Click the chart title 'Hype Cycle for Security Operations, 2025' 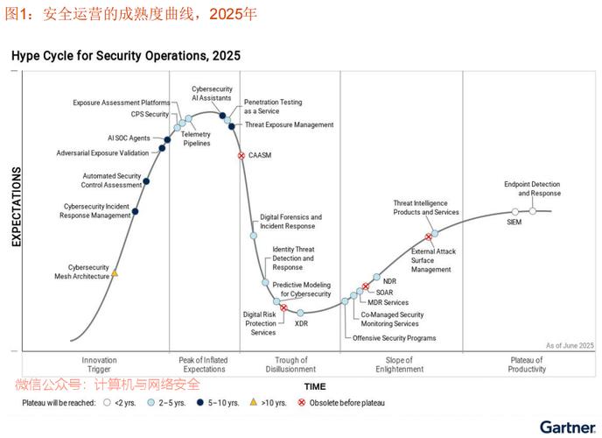(125, 56)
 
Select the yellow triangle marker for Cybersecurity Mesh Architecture (115, 274)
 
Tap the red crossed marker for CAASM (241, 155)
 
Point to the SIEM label (514, 223)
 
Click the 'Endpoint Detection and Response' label (532, 188)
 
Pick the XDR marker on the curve (300, 313)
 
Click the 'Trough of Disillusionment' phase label (290, 364)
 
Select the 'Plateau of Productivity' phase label (527, 364)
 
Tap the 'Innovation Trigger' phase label (99, 364)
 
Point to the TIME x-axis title (314, 386)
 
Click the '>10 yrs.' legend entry (271, 403)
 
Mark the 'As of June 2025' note (569, 346)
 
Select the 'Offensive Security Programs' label (394, 338)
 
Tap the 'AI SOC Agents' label (129, 138)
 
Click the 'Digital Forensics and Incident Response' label (290, 222)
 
